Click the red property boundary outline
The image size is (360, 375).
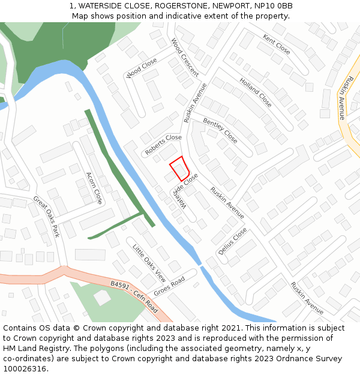click(x=179, y=168)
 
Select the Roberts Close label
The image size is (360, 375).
click(x=163, y=145)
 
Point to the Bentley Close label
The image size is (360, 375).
click(x=220, y=130)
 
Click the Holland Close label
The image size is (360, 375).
click(x=256, y=92)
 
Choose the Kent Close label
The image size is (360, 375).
click(x=277, y=44)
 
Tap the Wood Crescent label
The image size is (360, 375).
click(x=185, y=57)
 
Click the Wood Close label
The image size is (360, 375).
click(x=142, y=68)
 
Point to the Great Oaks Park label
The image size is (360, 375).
click(x=46, y=215)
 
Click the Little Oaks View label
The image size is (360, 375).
click(x=149, y=263)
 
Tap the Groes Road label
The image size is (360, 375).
click(x=169, y=286)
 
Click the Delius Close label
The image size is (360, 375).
click(x=232, y=241)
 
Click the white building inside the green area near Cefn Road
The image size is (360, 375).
click(x=102, y=296)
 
